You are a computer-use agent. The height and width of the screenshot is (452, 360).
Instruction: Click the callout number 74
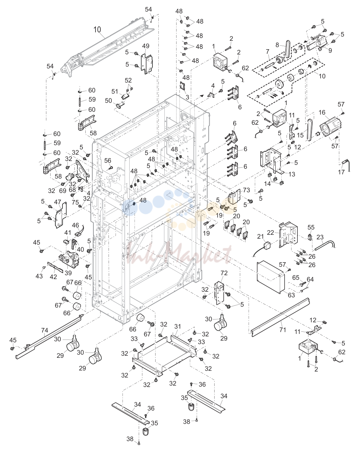coord(45,330)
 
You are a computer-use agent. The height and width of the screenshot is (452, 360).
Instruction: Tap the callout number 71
coord(283,330)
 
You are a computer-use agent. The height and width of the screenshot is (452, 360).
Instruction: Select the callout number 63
coord(291,295)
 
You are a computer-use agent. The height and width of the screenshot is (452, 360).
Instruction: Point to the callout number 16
coord(322,112)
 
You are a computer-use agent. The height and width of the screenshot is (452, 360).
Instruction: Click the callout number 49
coord(146,46)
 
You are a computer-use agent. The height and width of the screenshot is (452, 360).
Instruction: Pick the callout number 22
coord(270,233)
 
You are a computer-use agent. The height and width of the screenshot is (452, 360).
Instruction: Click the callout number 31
coord(178,326)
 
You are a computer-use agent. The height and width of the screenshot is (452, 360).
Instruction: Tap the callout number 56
coord(108,161)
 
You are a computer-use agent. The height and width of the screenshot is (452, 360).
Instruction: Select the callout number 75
coord(75,202)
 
